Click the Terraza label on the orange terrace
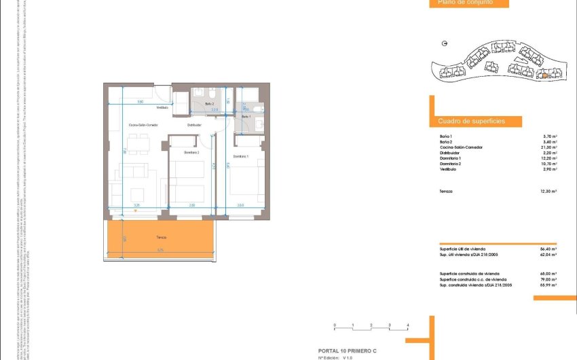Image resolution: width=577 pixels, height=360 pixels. pyautogui.click(x=161, y=237)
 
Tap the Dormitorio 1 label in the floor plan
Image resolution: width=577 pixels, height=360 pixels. pyautogui.click(x=241, y=157)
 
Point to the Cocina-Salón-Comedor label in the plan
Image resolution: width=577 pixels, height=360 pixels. pyautogui.click(x=142, y=125)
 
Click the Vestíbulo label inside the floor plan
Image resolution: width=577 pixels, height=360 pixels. pyautogui.click(x=162, y=107)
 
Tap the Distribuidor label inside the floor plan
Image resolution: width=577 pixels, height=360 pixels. pyautogui.click(x=195, y=125)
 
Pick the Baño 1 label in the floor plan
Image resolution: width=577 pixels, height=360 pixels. pyautogui.click(x=246, y=117)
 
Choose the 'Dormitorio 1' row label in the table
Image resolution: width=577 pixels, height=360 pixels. pyautogui.click(x=451, y=158)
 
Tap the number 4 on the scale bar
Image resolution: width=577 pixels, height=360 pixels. pyautogui.click(x=407, y=326)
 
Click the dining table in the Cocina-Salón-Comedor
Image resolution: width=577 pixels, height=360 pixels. pyautogui.click(x=138, y=143)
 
